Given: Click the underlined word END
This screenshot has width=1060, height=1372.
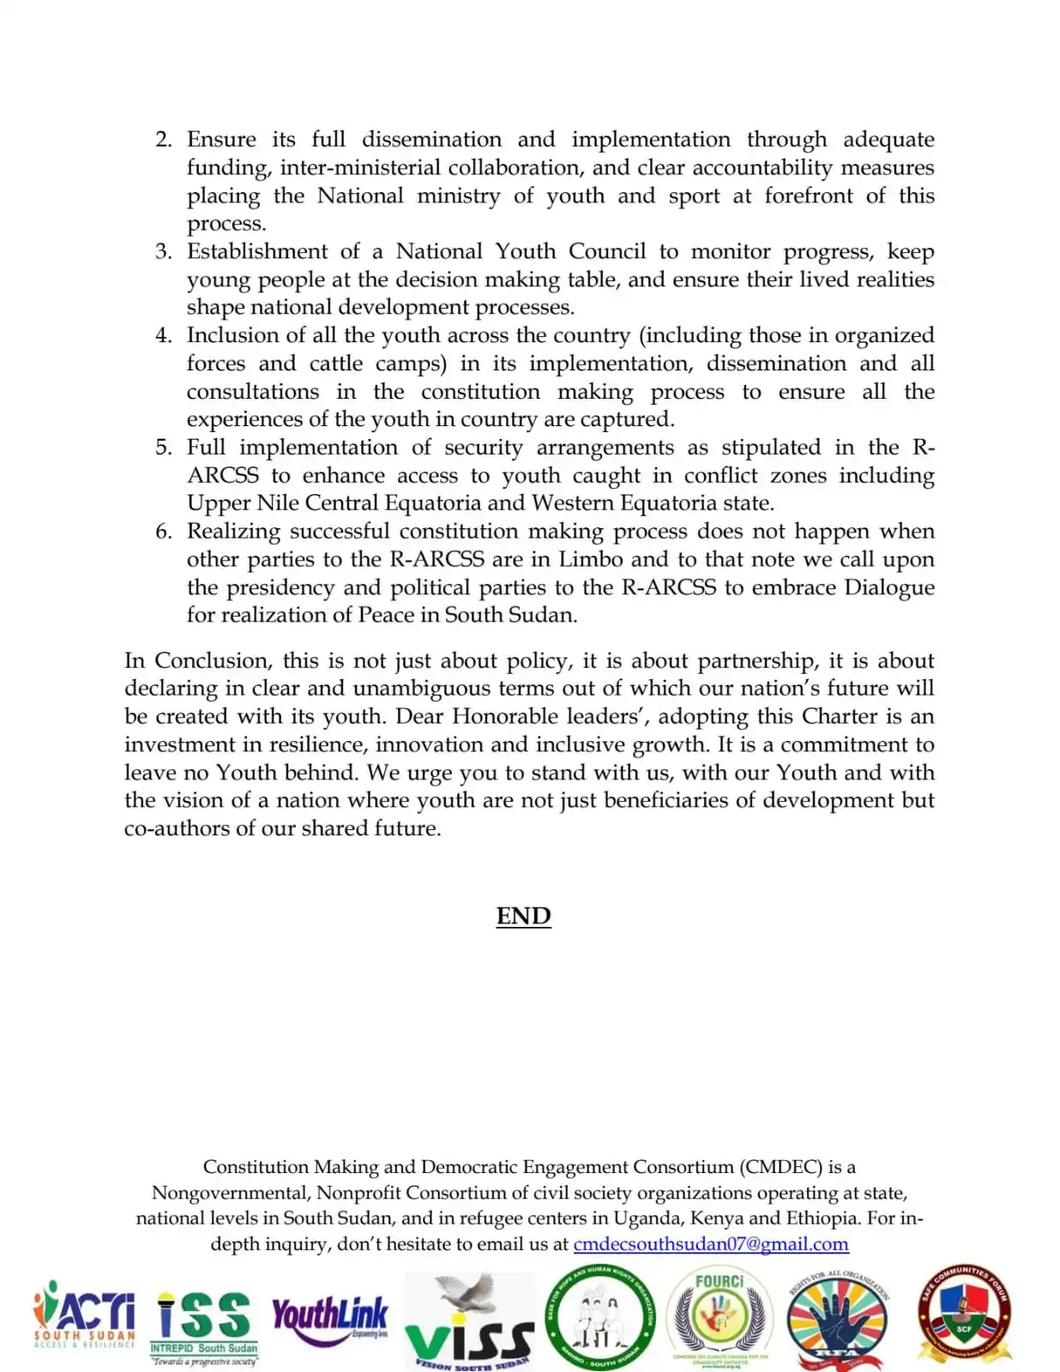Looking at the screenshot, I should tap(523, 916).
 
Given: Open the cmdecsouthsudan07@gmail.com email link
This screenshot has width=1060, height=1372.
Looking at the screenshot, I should tap(711, 1244).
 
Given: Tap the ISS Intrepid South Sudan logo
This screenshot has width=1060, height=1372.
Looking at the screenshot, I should tap(204, 1326).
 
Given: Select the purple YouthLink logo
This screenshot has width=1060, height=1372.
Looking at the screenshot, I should tap(330, 1315).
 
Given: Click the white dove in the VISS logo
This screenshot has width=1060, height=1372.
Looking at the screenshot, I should tap(467, 1295).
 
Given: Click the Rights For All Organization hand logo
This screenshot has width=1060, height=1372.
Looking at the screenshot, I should tap(838, 1321).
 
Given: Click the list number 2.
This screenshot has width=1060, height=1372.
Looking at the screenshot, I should tap(163, 140).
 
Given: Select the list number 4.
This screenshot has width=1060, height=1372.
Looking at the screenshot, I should tap(163, 335).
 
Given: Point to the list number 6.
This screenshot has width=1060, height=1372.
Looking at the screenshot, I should tap(163, 532).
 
